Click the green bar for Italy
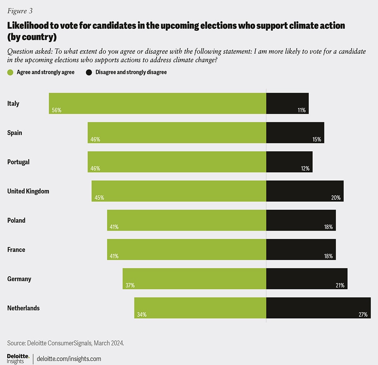pyautogui.click(x=157, y=103)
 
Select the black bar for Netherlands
pyautogui.click(x=318, y=308)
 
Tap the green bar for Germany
pyautogui.click(x=195, y=279)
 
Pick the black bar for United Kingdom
pyautogui.click(x=305, y=191)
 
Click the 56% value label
pyautogui.click(x=56, y=110)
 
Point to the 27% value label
pyautogui.click(x=363, y=315)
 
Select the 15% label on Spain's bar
pyautogui.click(x=317, y=140)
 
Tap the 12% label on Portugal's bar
pyautogui.click(x=305, y=169)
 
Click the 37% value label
pyautogui.click(x=130, y=285)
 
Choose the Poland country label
pyautogui.click(x=16, y=220)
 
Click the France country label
pyautogui.click(x=16, y=250)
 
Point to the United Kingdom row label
pyautogui.click(x=28, y=191)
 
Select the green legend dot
pyautogui.click(x=10, y=72)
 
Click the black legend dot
pyautogui.click(x=89, y=72)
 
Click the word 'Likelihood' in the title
pyautogui.click(x=28, y=26)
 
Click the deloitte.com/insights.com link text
pyautogui.click(x=69, y=359)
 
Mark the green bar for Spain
pyautogui.click(x=177, y=132)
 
